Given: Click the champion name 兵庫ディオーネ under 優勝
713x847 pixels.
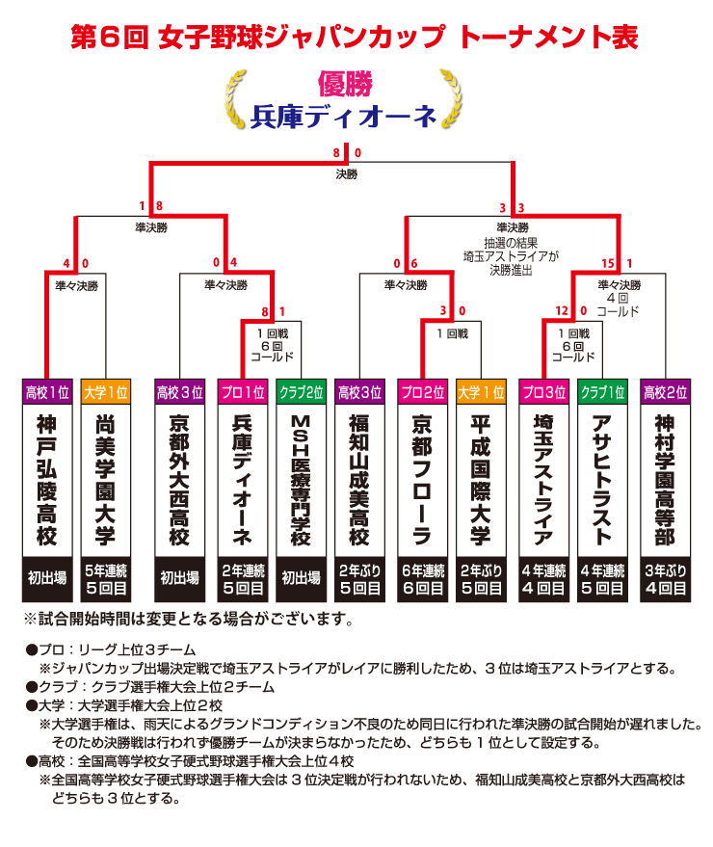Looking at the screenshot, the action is click(x=343, y=117).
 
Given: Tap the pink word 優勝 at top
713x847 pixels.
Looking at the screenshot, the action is click(x=345, y=83).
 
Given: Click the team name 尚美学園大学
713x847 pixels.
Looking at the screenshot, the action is click(x=105, y=480).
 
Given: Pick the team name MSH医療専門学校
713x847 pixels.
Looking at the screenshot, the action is click(x=301, y=480).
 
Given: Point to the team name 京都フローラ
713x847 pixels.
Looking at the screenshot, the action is click(x=422, y=480).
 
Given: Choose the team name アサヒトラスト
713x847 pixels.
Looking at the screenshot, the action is click(x=602, y=480).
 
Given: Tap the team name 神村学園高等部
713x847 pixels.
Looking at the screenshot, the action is click(x=666, y=480).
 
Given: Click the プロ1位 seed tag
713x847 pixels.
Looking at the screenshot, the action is click(x=243, y=392).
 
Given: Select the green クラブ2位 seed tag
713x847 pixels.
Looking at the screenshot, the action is click(x=301, y=392).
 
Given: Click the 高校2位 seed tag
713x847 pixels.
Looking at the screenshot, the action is click(x=666, y=392).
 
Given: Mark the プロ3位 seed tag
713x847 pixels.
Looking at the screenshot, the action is click(x=544, y=392).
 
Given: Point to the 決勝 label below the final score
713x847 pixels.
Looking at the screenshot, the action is click(x=346, y=174).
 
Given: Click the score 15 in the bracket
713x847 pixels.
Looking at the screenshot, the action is click(x=608, y=264).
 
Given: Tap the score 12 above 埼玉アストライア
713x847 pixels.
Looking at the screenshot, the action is click(x=562, y=310).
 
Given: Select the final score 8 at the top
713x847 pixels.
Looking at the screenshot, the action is click(x=336, y=153).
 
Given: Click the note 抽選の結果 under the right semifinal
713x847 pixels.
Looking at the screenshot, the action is click(x=511, y=243).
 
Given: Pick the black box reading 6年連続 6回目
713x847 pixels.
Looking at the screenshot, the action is click(x=422, y=579).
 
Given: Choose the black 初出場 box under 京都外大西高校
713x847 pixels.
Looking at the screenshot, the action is click(x=180, y=579).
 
